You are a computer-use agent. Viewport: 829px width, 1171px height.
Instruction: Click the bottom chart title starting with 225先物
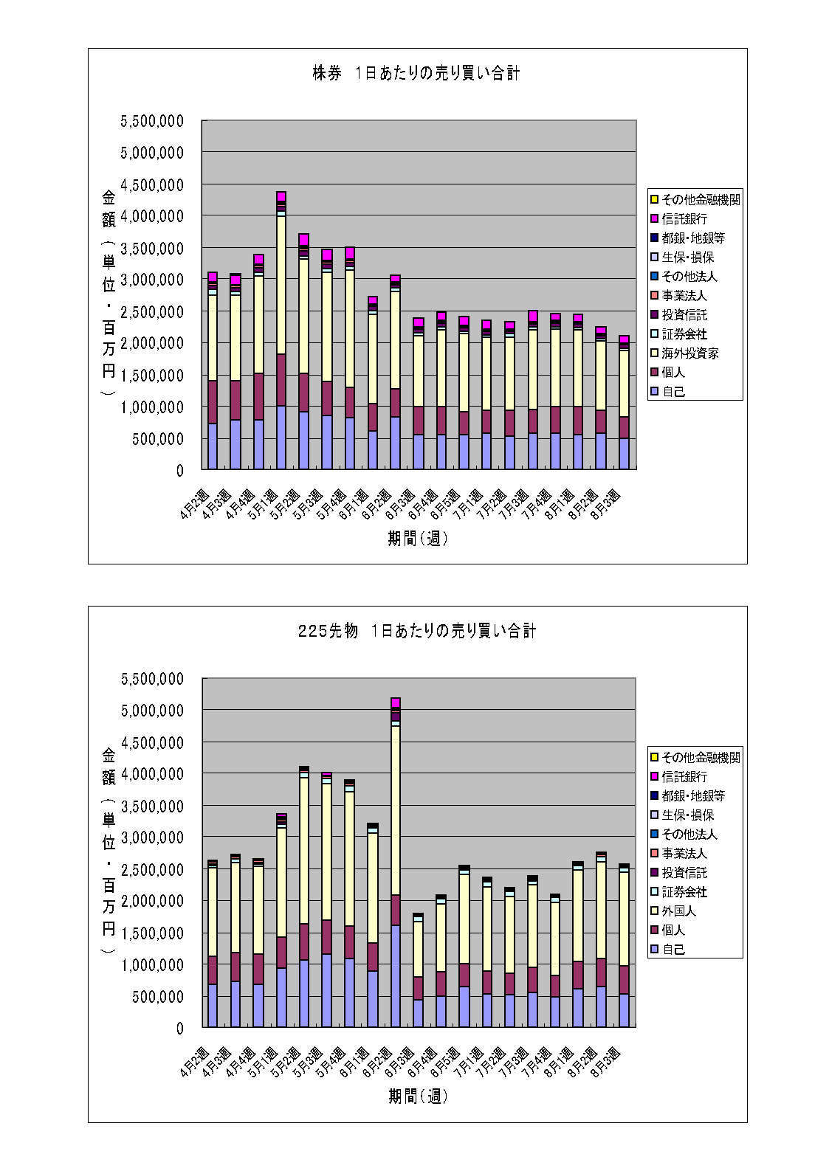tap(416, 631)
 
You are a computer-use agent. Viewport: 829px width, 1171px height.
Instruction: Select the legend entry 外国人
tap(678, 911)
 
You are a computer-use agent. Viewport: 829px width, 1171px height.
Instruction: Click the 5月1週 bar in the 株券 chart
tap(281, 332)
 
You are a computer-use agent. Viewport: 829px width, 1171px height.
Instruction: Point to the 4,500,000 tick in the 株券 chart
tap(152, 184)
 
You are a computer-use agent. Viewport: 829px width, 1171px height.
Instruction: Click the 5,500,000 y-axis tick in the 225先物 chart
tap(152, 678)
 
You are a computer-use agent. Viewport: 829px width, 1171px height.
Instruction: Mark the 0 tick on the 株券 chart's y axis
tap(179, 470)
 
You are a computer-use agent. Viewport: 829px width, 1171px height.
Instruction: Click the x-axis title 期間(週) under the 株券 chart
tap(417, 539)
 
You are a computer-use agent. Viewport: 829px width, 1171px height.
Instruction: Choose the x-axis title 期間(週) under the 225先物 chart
tap(417, 1096)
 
